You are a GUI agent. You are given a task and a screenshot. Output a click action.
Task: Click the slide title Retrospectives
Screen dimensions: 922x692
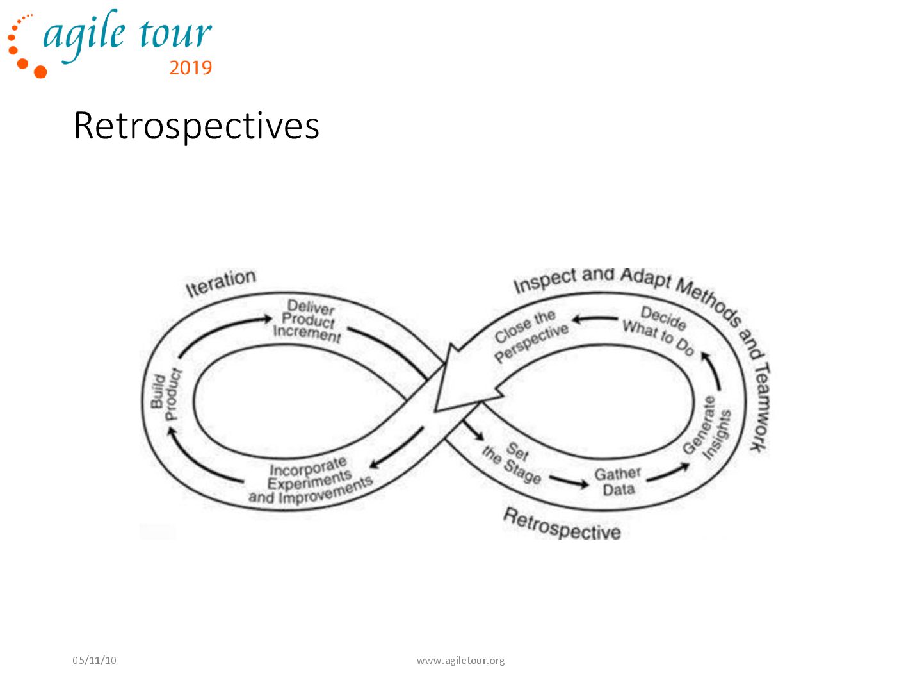tap(196, 126)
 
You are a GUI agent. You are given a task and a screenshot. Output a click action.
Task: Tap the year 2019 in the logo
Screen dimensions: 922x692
tap(190, 68)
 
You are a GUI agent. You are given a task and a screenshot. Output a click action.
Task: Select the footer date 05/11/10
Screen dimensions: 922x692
tap(94, 660)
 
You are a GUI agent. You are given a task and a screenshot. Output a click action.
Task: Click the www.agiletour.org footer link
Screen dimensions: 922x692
tap(460, 660)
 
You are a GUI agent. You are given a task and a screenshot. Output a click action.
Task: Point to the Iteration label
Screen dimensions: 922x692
tap(220, 283)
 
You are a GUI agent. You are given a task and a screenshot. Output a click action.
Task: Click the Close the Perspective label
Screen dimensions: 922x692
tap(530, 335)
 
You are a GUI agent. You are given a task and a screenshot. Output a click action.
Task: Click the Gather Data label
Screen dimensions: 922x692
tap(618, 482)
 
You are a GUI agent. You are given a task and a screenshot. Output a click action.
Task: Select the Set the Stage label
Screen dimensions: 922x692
tap(512, 463)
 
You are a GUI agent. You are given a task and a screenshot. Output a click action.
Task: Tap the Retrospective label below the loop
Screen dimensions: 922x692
tap(562, 524)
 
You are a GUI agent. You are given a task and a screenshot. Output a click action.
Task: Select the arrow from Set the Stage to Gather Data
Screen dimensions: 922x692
tap(569, 481)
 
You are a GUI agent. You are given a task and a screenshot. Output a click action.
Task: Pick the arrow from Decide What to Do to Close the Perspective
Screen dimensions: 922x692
tap(595, 318)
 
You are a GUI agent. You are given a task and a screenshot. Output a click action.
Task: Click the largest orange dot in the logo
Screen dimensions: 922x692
tap(40, 71)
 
